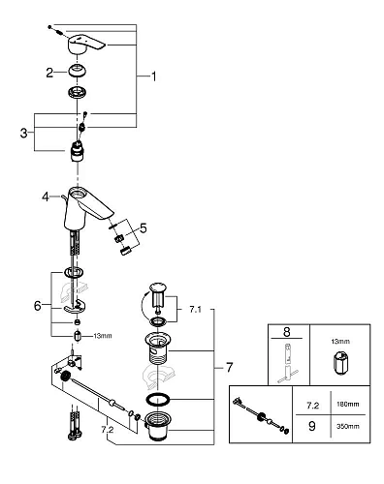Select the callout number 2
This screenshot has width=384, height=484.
click(x=48, y=72)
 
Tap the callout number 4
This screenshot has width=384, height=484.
click(x=45, y=197)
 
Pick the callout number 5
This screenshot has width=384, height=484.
click(x=144, y=229)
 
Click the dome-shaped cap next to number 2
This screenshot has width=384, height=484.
click(x=76, y=71)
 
